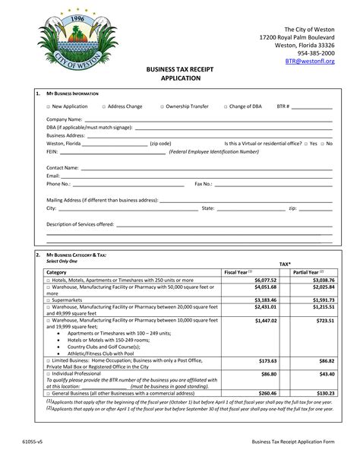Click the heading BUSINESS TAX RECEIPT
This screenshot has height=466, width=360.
point(179,69)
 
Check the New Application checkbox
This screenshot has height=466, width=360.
point(48,106)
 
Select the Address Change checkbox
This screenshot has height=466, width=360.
point(103,106)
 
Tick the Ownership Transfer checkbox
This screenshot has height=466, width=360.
point(161,106)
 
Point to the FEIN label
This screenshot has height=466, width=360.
point(52,151)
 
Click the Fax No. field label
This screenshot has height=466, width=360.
point(203,183)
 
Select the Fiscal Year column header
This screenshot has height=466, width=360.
point(238,271)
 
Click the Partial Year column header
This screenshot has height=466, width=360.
point(308,271)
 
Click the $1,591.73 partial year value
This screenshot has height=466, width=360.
point(322,300)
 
